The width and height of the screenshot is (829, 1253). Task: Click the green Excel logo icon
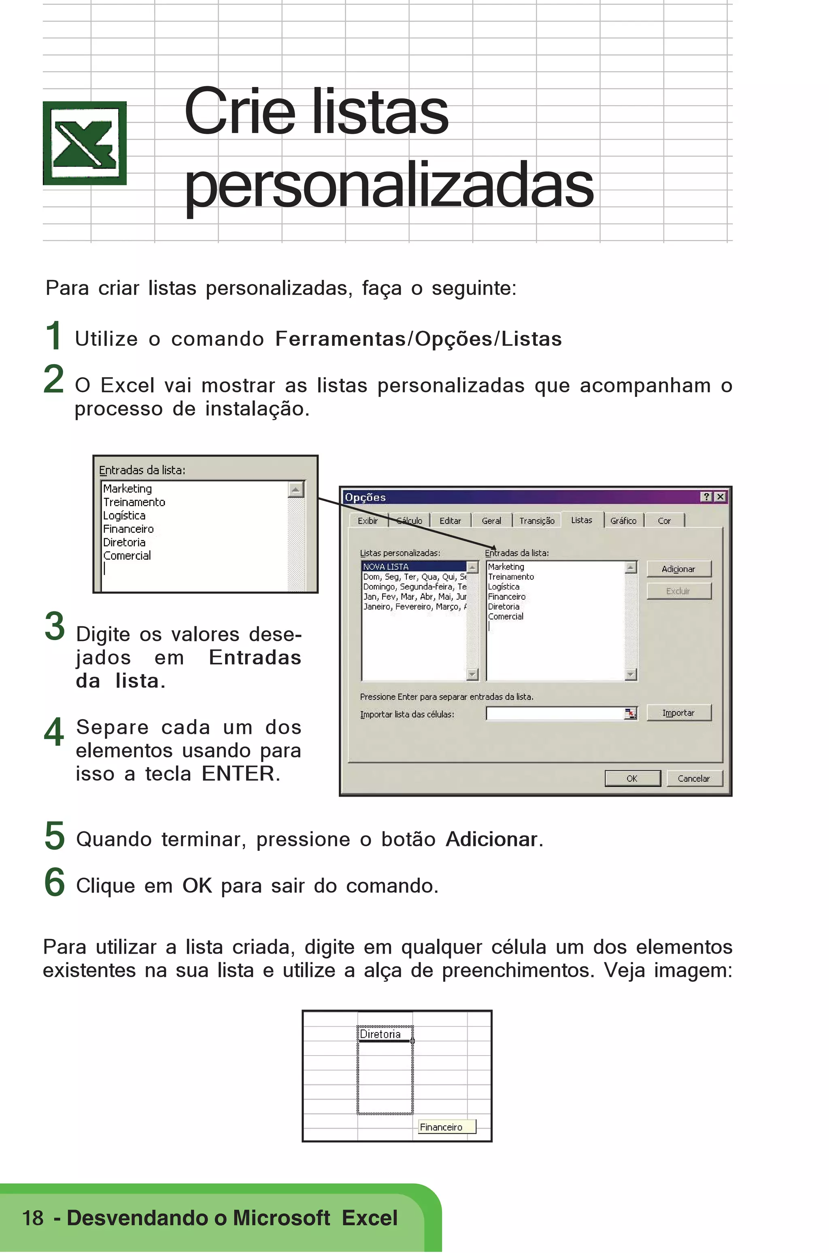[x=85, y=143]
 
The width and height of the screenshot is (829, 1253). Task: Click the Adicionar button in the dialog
[x=678, y=568]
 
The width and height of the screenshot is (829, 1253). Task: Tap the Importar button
[x=678, y=712]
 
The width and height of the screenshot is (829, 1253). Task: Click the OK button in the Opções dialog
[x=632, y=778]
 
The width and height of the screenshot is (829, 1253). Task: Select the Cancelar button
[x=694, y=778]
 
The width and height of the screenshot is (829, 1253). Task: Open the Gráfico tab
[x=623, y=521]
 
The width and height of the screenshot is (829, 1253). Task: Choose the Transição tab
[x=537, y=521]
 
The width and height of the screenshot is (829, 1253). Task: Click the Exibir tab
[x=368, y=521]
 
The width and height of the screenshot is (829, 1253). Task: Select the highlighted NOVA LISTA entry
[x=412, y=566]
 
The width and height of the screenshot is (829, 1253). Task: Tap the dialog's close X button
[x=720, y=497]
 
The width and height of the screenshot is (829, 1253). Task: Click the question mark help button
[x=706, y=497]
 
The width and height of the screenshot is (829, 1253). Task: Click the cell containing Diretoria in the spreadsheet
[x=385, y=1034]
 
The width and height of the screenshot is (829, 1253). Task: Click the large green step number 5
[x=55, y=836]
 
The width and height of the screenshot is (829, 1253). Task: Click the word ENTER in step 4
[x=238, y=774]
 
